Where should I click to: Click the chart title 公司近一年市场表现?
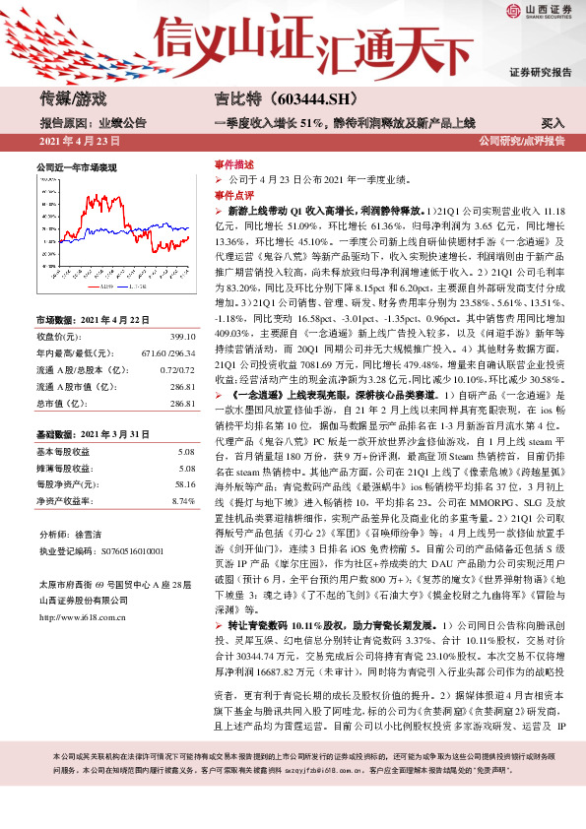[x=76, y=167]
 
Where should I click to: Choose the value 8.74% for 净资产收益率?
[x=183, y=501]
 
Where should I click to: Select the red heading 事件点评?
[x=234, y=196]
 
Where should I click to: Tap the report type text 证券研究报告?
[x=540, y=72]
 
